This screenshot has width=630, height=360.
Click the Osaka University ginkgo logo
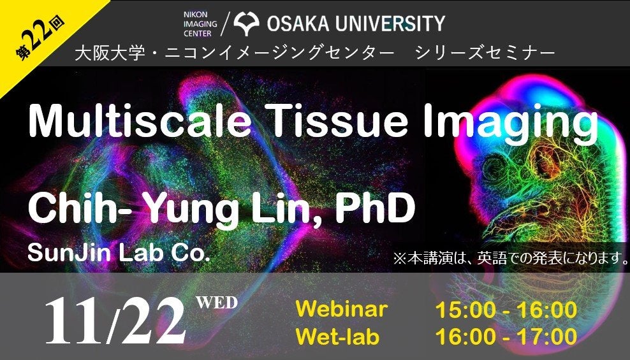point(246,24)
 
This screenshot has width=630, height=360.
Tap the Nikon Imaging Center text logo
point(200,24)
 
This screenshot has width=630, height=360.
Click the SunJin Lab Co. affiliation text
point(119,253)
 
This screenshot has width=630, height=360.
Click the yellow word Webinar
point(342,309)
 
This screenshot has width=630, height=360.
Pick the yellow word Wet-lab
point(337,336)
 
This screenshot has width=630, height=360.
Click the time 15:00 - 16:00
point(506,310)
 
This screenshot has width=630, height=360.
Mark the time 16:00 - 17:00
point(506,336)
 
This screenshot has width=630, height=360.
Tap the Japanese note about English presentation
point(511,258)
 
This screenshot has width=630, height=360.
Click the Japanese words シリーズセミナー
point(485,53)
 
